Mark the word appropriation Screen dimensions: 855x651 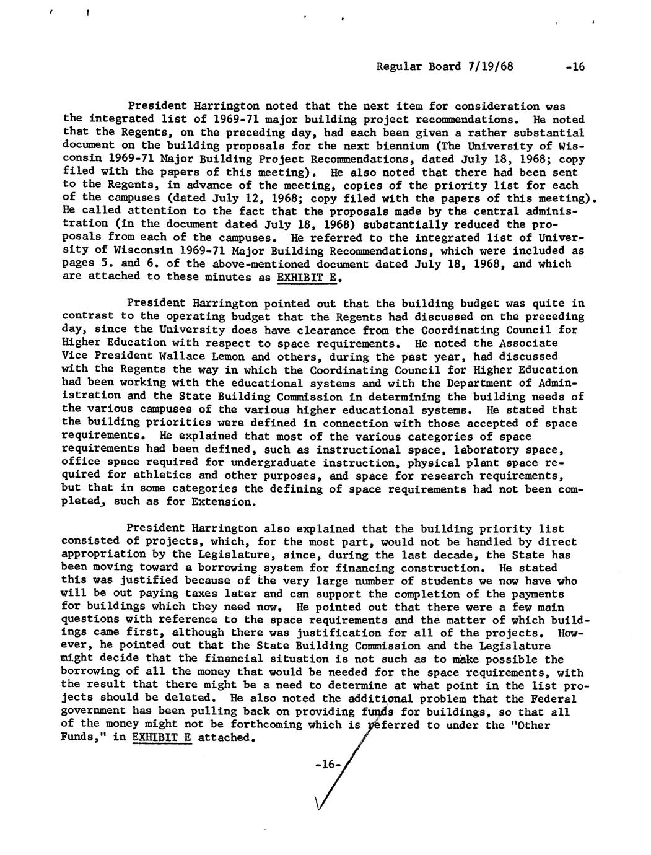(102, 555)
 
